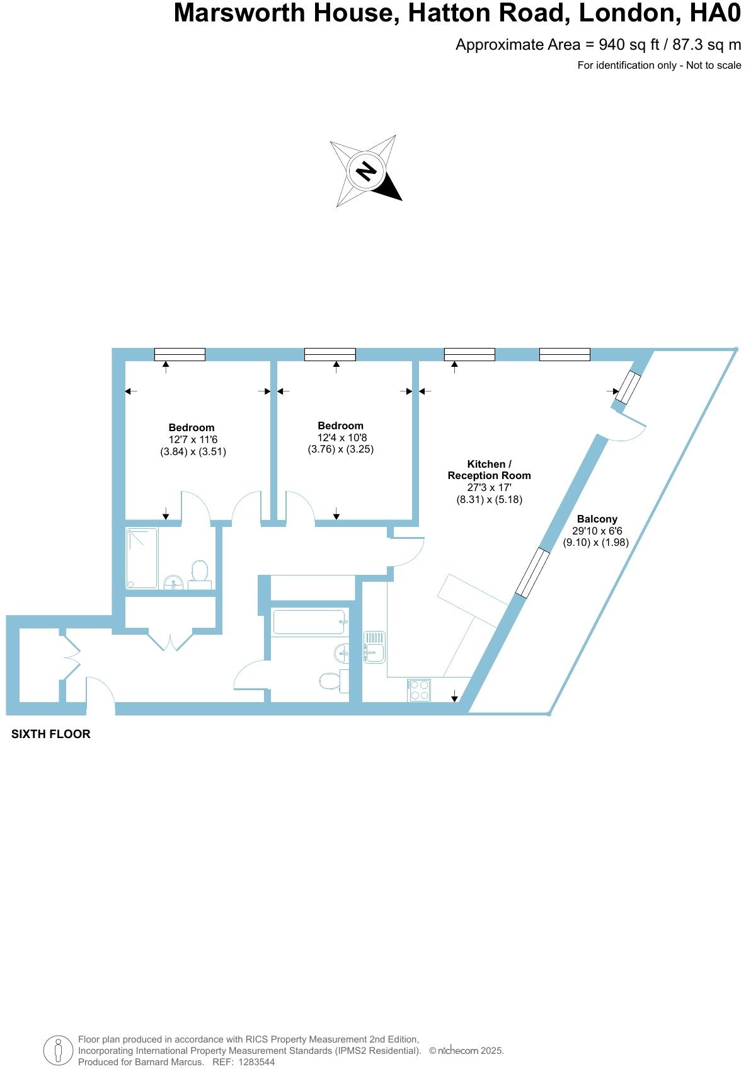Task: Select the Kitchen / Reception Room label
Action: pyautogui.click(x=489, y=470)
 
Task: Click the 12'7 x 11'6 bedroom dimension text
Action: pyautogui.click(x=192, y=439)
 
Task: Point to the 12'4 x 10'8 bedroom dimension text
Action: pyautogui.click(x=341, y=437)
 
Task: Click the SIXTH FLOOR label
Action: pyautogui.click(x=51, y=734)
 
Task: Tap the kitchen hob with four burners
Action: pyautogui.click(x=419, y=690)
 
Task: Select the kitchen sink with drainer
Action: pyautogui.click(x=375, y=647)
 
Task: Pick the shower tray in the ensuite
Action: pyautogui.click(x=142, y=558)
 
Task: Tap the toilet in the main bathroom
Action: pyautogui.click(x=332, y=681)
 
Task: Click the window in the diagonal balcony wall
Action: pyautogui.click(x=532, y=572)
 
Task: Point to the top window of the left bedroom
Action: pyautogui.click(x=180, y=354)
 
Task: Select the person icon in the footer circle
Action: pyautogui.click(x=58, y=1051)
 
